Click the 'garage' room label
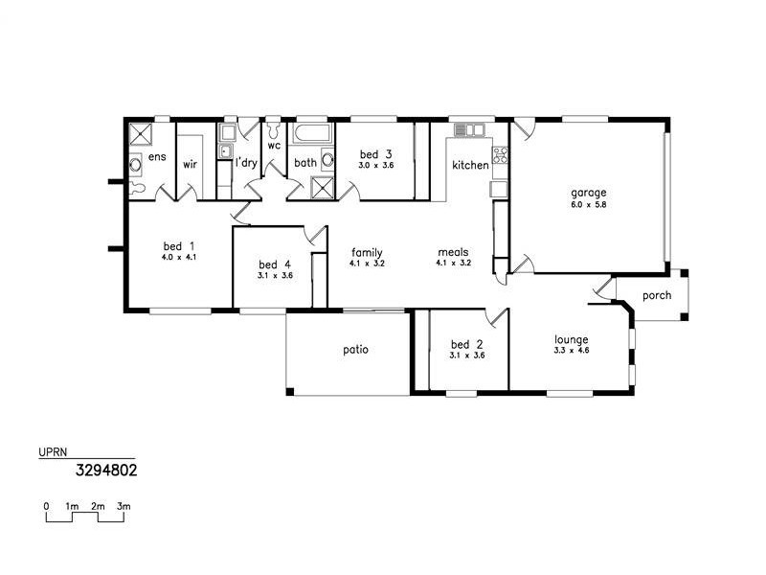[x=589, y=192]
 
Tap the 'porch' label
[x=657, y=295]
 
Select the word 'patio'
[x=355, y=349]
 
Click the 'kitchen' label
[x=470, y=166]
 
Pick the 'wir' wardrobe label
[x=190, y=164]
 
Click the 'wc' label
[x=274, y=146]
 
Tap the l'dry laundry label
[x=247, y=164]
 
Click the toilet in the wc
[x=274, y=127]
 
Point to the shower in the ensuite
[x=141, y=133]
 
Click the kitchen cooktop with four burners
[x=499, y=152]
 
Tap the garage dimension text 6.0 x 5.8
[x=589, y=204]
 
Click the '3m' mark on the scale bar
[x=124, y=505]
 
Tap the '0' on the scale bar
[x=46, y=505]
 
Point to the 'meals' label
[x=453, y=251]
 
